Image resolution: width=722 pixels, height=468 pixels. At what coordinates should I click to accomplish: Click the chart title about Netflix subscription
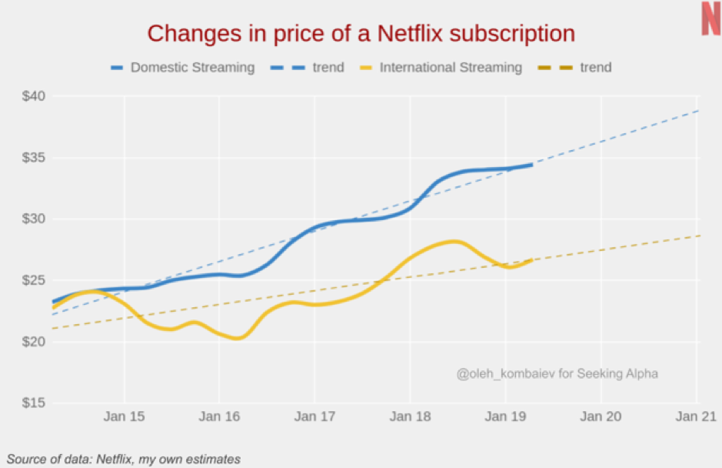[x=361, y=34]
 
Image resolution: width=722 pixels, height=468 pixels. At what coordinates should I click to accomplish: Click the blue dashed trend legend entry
[x=311, y=67]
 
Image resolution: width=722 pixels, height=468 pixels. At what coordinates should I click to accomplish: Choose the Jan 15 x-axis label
[x=124, y=416]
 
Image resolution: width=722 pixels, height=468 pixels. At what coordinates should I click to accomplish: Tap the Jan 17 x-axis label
[x=314, y=416]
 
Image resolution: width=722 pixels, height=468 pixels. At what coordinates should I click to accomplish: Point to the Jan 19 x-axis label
[x=505, y=416]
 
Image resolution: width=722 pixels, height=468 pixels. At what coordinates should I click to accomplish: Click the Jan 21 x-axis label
[x=696, y=416]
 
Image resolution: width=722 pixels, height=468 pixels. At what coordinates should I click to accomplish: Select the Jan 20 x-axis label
[x=601, y=416]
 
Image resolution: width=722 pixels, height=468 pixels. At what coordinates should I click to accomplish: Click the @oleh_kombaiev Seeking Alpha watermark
[x=557, y=373]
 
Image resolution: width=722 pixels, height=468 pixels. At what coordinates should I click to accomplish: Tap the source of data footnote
[x=124, y=460]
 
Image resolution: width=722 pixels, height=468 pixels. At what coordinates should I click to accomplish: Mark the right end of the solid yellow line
[x=532, y=260]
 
